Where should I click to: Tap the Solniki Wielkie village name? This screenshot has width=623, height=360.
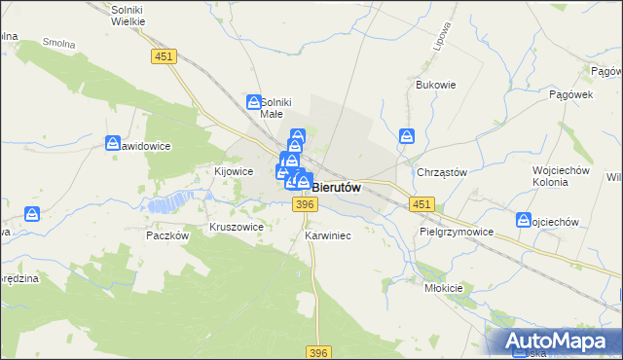tap(128, 16)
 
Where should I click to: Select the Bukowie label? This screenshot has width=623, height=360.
tap(436, 85)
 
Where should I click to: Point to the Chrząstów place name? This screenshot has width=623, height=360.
tap(442, 172)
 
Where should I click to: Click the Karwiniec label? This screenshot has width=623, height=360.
tap(327, 236)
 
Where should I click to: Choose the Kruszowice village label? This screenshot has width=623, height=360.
tap(237, 227)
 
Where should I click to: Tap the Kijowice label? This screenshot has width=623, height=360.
tap(234, 171)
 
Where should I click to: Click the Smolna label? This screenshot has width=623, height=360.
tap(60, 44)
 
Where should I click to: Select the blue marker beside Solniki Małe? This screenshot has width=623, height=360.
tap(253, 101)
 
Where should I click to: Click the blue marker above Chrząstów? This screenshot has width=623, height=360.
tap(408, 136)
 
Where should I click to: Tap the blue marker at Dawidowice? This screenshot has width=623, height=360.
tap(112, 144)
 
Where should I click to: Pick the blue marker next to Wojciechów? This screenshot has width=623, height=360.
tap(524, 221)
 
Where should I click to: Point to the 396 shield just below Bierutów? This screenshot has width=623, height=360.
tap(305, 203)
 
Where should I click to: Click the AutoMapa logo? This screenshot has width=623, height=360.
tap(559, 341)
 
